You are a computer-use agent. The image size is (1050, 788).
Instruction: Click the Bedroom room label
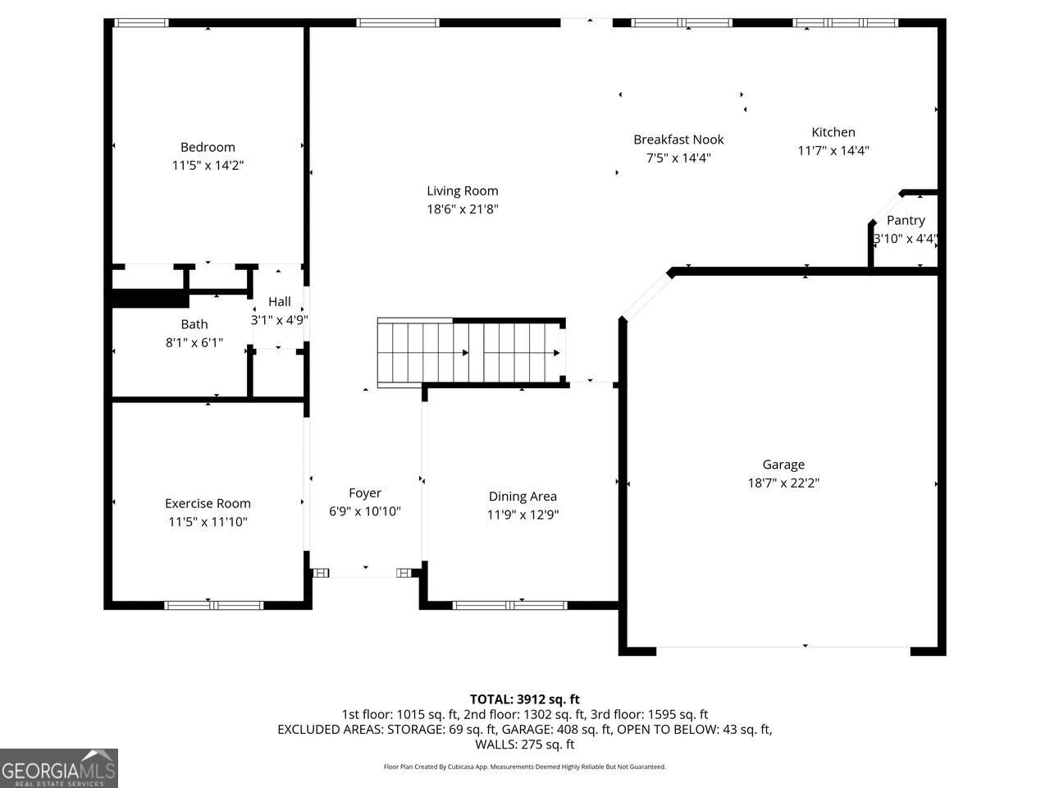(x=208, y=147)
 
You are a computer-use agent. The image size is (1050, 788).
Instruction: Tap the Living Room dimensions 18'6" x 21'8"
(x=462, y=209)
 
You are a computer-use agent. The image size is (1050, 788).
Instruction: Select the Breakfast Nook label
(x=678, y=140)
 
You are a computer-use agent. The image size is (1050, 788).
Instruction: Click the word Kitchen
(x=833, y=132)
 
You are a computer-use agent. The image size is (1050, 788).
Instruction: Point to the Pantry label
(x=906, y=220)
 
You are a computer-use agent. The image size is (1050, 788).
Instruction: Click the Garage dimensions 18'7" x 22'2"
(x=783, y=483)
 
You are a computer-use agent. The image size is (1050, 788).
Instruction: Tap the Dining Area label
(x=523, y=496)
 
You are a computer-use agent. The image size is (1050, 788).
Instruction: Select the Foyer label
(x=364, y=493)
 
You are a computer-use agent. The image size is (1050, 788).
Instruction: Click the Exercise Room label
(x=208, y=503)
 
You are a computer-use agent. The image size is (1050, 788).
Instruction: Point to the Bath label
(x=194, y=324)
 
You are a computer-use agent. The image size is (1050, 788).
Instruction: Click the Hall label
(x=279, y=301)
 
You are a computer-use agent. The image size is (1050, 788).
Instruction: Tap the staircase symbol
(x=468, y=352)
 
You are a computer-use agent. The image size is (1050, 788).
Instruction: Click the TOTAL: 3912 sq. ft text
(x=525, y=699)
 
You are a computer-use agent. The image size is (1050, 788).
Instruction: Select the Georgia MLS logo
(x=59, y=768)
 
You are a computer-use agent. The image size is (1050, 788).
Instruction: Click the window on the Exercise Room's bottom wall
(x=213, y=606)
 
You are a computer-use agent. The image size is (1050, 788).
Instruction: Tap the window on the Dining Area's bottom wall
(x=509, y=606)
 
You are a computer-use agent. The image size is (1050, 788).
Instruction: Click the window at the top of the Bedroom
(x=140, y=23)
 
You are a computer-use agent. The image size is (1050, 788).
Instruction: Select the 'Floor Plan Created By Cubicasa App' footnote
(x=525, y=767)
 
